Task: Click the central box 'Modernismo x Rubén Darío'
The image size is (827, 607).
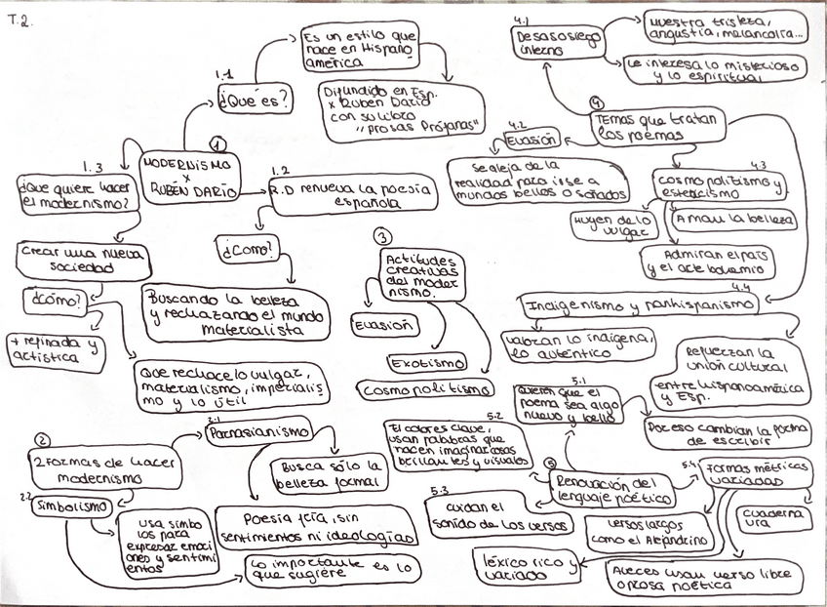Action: coord(188,178)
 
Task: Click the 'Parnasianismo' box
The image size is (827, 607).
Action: coord(258,430)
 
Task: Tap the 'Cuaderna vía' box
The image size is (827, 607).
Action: coord(773,518)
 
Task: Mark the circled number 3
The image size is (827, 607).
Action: coord(383,236)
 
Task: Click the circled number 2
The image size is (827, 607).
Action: coord(42,440)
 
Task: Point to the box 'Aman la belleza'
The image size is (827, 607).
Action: coord(734,219)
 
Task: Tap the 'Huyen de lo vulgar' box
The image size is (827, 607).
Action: coord(616,225)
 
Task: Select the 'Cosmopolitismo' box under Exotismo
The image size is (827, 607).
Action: coord(424,389)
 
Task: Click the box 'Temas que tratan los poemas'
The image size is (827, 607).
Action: coord(657,126)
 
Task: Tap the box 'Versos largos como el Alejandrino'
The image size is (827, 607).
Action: coord(650,532)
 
